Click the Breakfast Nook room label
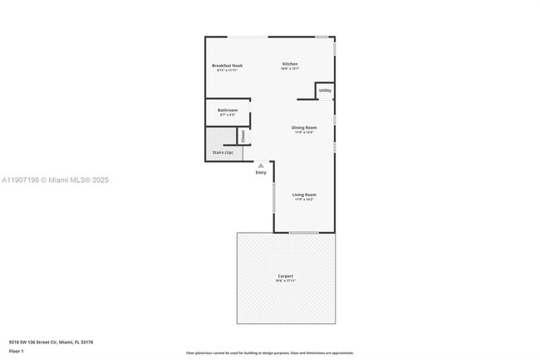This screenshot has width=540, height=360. [227, 65]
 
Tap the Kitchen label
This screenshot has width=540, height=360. [290, 64]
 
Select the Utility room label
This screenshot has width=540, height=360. [325, 91]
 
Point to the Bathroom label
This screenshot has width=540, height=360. [228, 111]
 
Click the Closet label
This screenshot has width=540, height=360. [243, 136]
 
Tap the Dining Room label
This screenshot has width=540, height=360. [304, 127]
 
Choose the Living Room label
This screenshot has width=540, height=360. [304, 195]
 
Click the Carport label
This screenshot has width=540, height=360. [285, 276]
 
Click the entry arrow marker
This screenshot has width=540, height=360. [261, 165]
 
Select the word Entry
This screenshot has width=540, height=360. [261, 172]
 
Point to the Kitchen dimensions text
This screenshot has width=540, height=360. [290, 70]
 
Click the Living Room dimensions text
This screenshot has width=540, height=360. [304, 200]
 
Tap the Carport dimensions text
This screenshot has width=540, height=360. [285, 281]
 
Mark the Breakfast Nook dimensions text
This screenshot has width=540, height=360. [227, 71]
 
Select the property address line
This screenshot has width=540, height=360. [51, 341]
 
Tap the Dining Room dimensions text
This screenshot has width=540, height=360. [304, 132]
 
